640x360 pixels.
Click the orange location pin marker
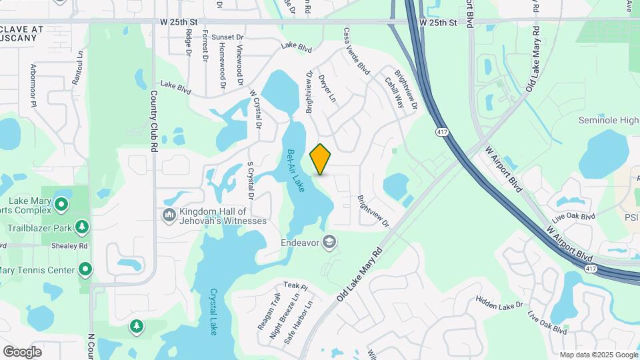click(321, 159)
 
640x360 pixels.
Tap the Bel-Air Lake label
click(295, 171)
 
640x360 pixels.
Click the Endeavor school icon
click(329, 242)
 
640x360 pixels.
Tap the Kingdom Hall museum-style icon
click(169, 215)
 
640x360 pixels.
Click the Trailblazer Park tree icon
click(83, 227)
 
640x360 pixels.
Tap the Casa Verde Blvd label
click(356, 51)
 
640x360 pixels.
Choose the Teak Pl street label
click(295, 286)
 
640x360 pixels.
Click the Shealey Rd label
click(73, 245)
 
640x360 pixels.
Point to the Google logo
click(22, 351)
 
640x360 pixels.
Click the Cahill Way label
click(393, 92)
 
